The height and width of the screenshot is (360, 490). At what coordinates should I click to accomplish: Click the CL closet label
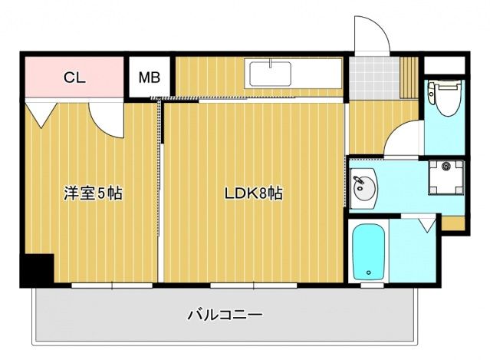point(74,77)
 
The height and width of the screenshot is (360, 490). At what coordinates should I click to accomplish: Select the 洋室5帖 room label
point(92,194)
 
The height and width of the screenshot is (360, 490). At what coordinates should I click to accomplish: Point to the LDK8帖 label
point(253,194)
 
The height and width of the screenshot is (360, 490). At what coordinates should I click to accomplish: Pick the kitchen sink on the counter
point(268,75)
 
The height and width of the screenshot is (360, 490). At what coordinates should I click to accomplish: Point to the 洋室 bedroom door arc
point(106,119)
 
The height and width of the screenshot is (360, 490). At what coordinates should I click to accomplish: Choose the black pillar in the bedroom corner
point(35,270)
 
